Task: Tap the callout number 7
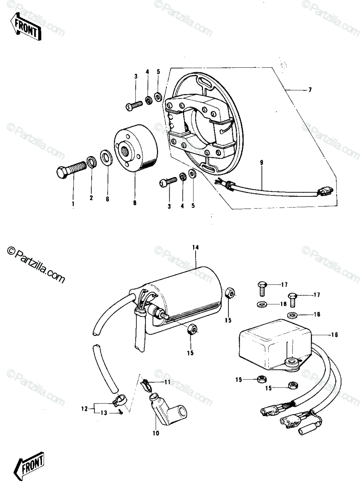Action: tap(310, 90)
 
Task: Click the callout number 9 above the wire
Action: tap(261, 163)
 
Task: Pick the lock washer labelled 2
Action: tap(91, 162)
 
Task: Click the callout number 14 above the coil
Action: tap(195, 247)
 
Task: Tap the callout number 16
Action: tap(334, 335)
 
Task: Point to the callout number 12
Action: tap(84, 409)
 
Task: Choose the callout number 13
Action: tap(104, 413)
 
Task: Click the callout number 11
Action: tap(167, 382)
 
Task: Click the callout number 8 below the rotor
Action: tap(135, 203)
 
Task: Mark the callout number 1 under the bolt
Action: tap(73, 204)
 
